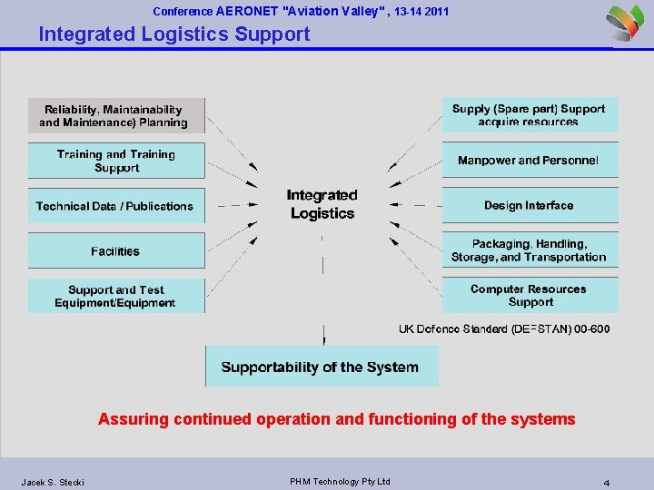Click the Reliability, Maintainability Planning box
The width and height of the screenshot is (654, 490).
click(116, 115)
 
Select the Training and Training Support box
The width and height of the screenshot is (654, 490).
click(116, 161)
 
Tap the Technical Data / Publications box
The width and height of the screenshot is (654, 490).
click(115, 206)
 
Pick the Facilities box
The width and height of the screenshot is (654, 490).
click(115, 250)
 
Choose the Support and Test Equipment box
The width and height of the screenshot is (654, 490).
click(115, 296)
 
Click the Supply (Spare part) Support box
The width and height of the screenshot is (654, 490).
click(529, 114)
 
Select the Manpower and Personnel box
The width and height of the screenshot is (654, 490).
click(529, 160)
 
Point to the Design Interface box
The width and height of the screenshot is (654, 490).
click(529, 205)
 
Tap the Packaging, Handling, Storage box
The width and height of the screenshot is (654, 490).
click(529, 250)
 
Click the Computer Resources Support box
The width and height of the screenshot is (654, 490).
click(529, 295)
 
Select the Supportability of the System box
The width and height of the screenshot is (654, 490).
click(321, 367)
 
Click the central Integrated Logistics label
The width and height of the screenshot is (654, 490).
click(322, 204)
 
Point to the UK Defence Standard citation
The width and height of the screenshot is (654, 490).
click(504, 328)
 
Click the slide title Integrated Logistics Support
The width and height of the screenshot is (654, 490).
click(174, 34)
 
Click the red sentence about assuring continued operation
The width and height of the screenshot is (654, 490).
click(337, 419)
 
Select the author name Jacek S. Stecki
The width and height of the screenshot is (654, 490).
click(53, 482)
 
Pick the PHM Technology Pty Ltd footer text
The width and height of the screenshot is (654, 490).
click(340, 481)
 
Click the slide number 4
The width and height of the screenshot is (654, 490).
click(606, 482)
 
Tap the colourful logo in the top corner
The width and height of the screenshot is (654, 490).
click(628, 22)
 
